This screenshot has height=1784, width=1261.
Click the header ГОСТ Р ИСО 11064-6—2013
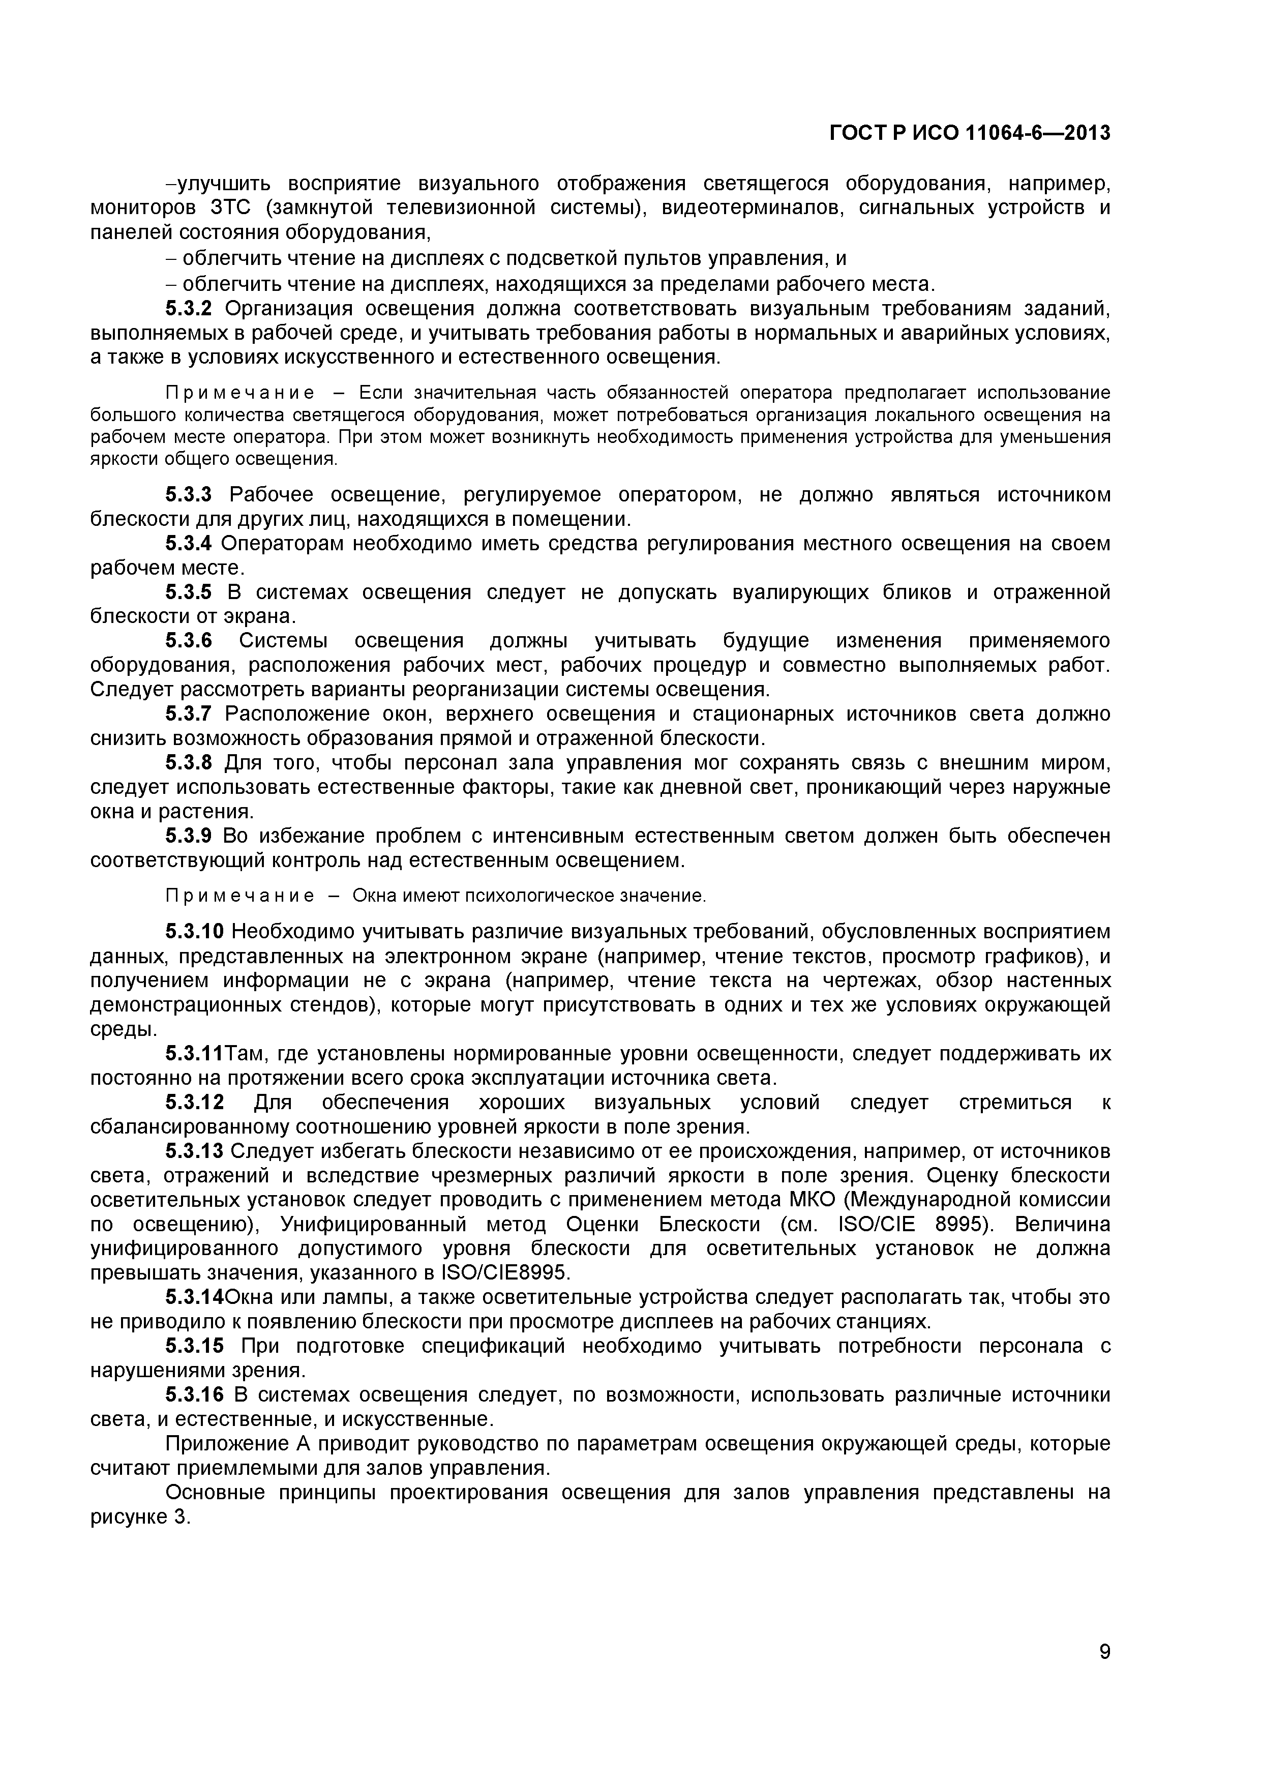[970, 134]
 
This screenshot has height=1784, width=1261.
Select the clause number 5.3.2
[188, 309]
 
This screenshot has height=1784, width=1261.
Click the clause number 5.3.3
[188, 494]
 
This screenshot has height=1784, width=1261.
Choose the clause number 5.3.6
[188, 640]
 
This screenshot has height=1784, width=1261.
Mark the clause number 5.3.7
[188, 713]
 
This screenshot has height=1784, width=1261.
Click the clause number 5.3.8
[188, 762]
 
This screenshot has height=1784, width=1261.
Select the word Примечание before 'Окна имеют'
[239, 896]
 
